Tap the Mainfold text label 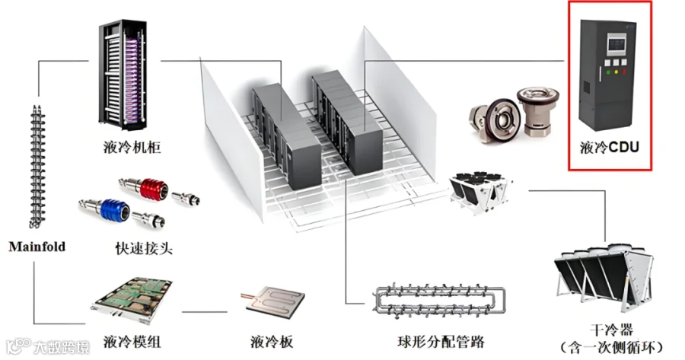(37, 247)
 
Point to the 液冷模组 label (132, 342)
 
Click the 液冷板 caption (271, 342)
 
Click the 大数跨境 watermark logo (46, 348)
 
